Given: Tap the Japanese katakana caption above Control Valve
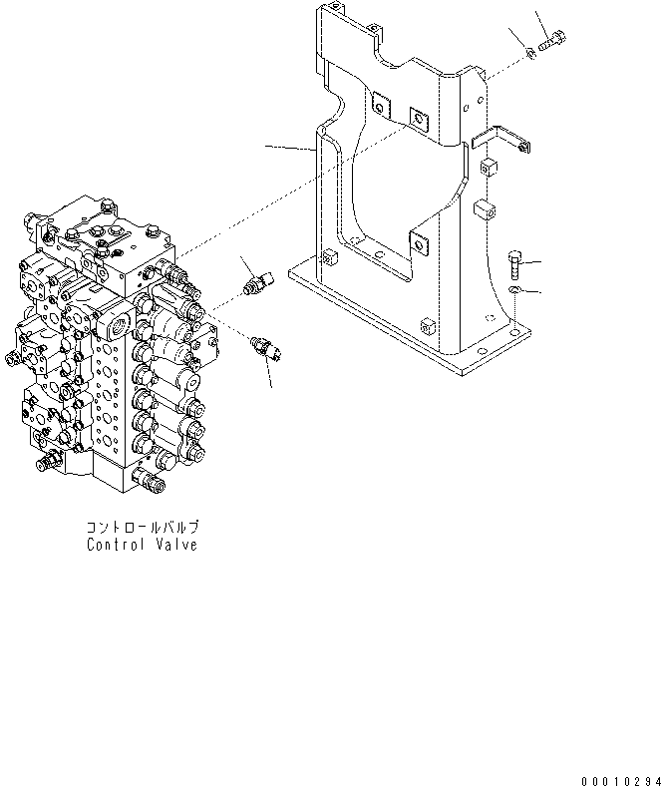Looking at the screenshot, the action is (x=143, y=528).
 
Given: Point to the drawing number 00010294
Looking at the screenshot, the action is (x=621, y=780).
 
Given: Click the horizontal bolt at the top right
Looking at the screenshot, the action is (x=552, y=40).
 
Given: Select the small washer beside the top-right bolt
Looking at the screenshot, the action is (x=531, y=52).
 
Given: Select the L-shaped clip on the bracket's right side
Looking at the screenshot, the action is (x=500, y=139).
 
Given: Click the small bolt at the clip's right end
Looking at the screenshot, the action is (x=524, y=148).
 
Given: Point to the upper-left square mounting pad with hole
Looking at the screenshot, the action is (x=381, y=106).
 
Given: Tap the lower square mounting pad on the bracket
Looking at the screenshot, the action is (x=419, y=244).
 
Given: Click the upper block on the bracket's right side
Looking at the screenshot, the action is (x=489, y=167).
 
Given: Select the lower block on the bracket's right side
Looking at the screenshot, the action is (x=486, y=209).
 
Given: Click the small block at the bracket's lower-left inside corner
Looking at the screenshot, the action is (x=329, y=257).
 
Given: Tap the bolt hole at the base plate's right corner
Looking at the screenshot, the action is (x=514, y=332).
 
